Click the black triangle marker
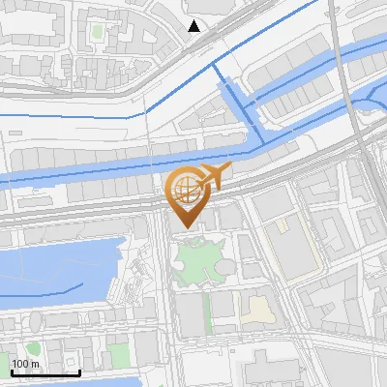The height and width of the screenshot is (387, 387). pyautogui.click(x=194, y=26)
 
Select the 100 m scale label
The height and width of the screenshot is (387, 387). pyautogui.click(x=25, y=364)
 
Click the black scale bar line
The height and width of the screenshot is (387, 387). pyautogui.click(x=45, y=372)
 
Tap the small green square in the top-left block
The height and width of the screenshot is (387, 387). pyautogui.click(x=96, y=32)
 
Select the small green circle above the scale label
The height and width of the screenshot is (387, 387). pyautogui.click(x=33, y=348)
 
